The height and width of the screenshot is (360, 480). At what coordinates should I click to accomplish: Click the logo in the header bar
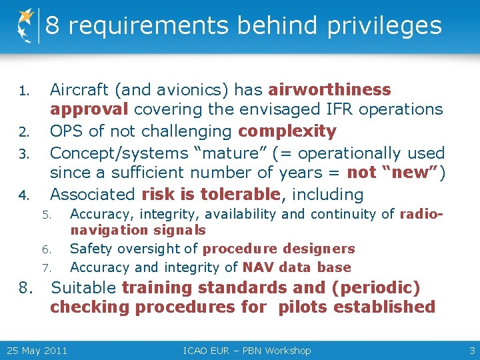pyautogui.click(x=25, y=25)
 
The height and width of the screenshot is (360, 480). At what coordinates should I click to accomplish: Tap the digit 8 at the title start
pyautogui.click(x=53, y=26)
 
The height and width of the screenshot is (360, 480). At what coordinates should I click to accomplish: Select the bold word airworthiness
pyautogui.click(x=329, y=90)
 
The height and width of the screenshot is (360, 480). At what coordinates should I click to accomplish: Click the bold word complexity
pyautogui.click(x=287, y=131)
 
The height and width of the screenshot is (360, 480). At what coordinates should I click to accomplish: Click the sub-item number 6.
pyautogui.click(x=46, y=250)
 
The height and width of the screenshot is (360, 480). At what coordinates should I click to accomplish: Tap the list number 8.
pyautogui.click(x=26, y=289)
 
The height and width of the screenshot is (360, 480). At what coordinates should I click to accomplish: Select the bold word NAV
pyautogui.click(x=257, y=267)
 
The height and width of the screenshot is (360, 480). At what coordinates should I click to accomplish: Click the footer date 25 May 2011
pyautogui.click(x=37, y=351)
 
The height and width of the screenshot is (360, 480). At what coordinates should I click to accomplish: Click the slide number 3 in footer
pyautogui.click(x=472, y=351)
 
